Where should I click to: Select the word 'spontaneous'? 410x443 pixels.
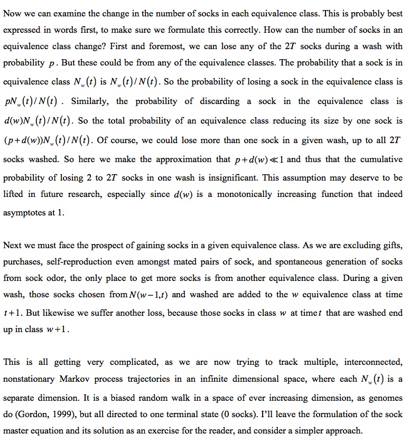click(283, 262)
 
